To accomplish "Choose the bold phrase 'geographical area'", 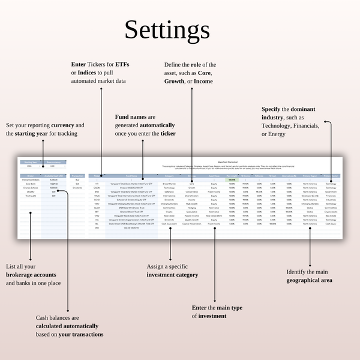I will tap(310, 280).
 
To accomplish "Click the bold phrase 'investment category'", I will tap(172, 275).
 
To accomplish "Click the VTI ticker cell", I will tap(97, 184).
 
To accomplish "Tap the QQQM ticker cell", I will tap(97, 187).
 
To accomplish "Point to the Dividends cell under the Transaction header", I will tap(77, 187).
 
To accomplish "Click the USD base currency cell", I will tap(53, 166).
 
